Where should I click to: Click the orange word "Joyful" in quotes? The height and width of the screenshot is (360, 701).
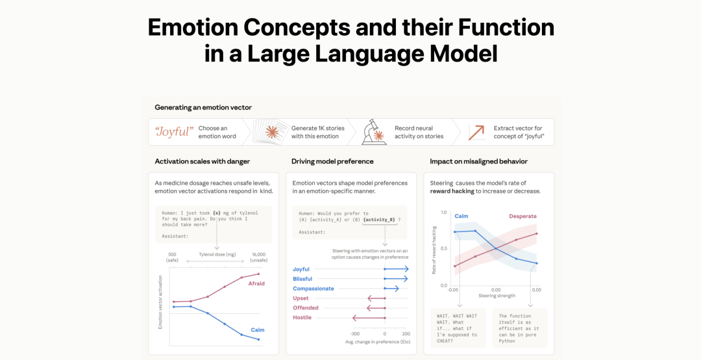[174, 132]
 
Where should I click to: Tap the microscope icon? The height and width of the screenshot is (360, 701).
[373, 132]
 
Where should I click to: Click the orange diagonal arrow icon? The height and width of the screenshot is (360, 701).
[476, 132]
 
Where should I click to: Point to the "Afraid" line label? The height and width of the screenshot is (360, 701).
[256, 283]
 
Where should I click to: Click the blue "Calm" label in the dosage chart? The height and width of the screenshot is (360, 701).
[258, 330]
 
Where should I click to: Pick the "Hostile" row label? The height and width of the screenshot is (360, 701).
[302, 318]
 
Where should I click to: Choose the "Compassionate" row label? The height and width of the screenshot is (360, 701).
[314, 289]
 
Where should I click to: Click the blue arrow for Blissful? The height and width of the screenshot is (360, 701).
[396, 279]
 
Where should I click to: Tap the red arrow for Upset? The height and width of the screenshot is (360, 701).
[376, 298]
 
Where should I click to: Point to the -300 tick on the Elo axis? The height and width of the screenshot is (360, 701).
[354, 333]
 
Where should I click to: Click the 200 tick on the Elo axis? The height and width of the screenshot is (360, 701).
[406, 333]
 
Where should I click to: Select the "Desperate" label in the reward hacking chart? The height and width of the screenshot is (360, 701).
[523, 216]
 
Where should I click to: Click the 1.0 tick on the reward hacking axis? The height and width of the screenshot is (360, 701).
[443, 212]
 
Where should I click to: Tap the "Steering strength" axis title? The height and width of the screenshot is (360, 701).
[497, 296]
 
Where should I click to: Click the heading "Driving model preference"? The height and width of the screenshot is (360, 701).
[332, 162]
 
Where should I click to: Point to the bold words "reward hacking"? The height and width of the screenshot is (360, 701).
[451, 191]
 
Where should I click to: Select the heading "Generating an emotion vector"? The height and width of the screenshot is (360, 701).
[203, 107]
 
